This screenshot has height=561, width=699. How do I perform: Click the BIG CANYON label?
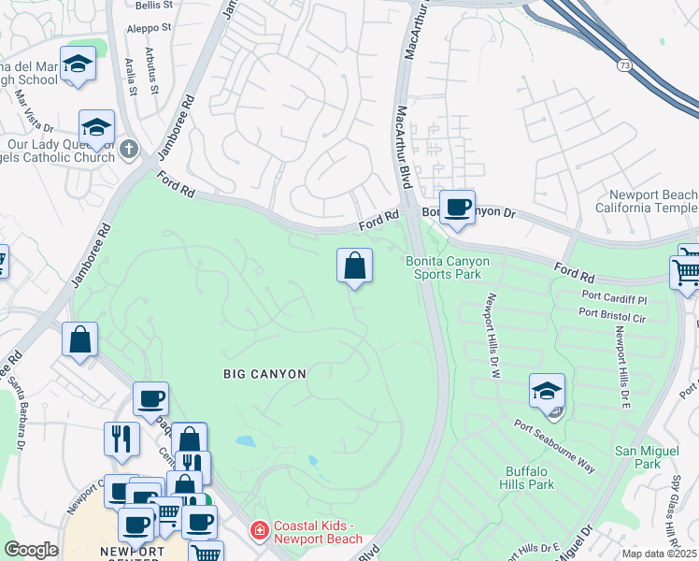point(264,373)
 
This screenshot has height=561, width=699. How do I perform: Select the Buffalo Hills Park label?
point(531,478)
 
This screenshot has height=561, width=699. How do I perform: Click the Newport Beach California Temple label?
point(647,201)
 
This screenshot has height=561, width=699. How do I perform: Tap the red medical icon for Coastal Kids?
point(257,531)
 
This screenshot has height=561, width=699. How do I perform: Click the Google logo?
point(31,550)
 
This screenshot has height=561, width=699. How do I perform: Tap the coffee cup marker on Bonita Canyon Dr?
point(457,208)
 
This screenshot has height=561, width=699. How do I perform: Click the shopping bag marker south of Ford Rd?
point(354,266)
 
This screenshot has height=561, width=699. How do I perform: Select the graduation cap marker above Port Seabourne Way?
point(547,391)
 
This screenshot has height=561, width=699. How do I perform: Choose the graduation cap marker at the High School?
point(78,65)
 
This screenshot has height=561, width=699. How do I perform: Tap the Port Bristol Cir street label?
point(613,318)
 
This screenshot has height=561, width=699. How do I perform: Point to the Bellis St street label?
point(154,5)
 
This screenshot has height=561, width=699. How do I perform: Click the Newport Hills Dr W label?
point(489,337)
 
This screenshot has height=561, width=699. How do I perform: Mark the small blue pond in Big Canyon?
point(245,440)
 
